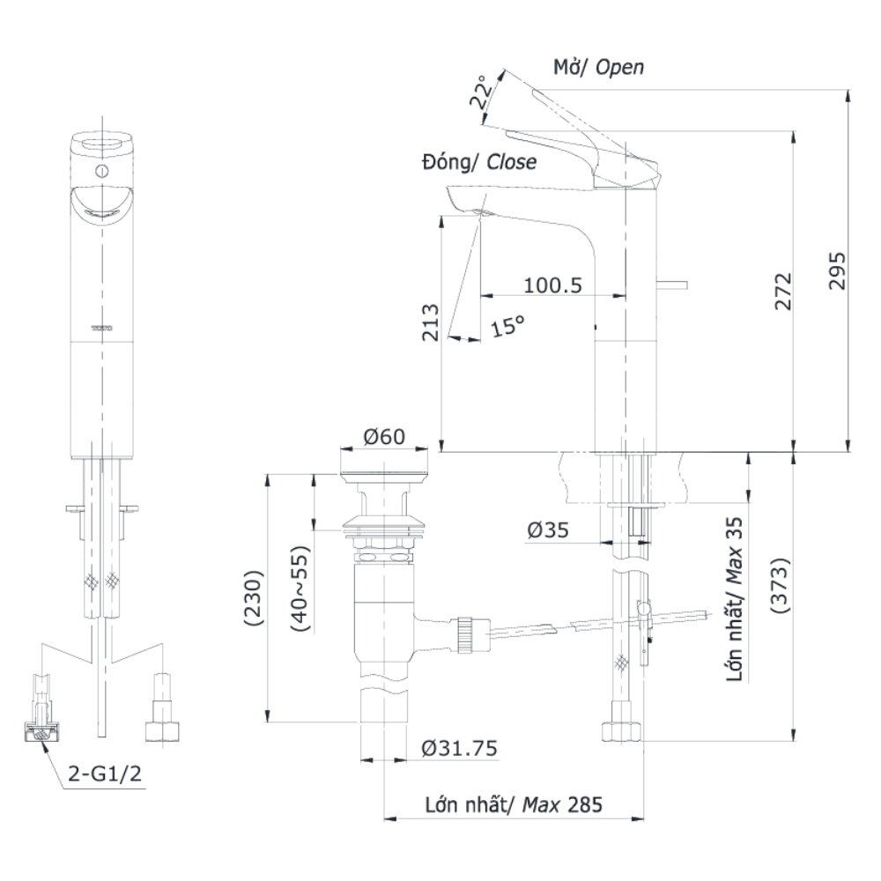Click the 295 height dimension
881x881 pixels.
coord(838,272)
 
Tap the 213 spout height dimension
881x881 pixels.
coord(431,323)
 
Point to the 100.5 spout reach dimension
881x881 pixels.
coord(553,285)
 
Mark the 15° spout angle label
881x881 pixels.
coord(507,326)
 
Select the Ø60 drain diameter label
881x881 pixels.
coord(383,435)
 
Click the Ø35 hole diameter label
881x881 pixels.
coord(547,530)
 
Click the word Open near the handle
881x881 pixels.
coord(619,68)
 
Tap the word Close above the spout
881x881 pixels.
coord(511,163)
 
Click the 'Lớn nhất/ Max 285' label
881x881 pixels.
coord(514,804)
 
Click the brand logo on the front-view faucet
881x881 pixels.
coord(102,327)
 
